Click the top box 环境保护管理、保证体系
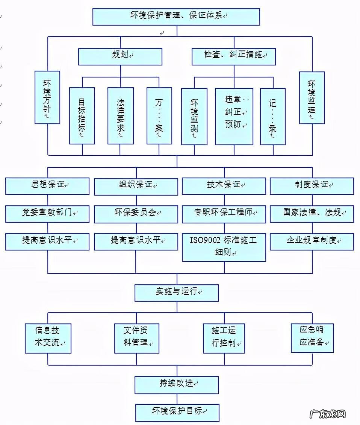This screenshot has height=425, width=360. (176, 17)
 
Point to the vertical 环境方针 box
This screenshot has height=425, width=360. (47, 97)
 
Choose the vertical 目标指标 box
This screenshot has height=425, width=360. (82, 116)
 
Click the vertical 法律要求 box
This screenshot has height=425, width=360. (121, 116)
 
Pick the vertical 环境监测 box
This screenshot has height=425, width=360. (194, 116)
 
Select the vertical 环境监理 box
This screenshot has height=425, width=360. (312, 97)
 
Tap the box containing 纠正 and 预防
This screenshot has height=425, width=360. (234, 116)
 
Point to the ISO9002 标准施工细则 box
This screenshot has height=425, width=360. (224, 247)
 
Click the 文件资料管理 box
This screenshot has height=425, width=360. (136, 338)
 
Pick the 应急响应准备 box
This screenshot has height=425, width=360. (312, 337)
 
